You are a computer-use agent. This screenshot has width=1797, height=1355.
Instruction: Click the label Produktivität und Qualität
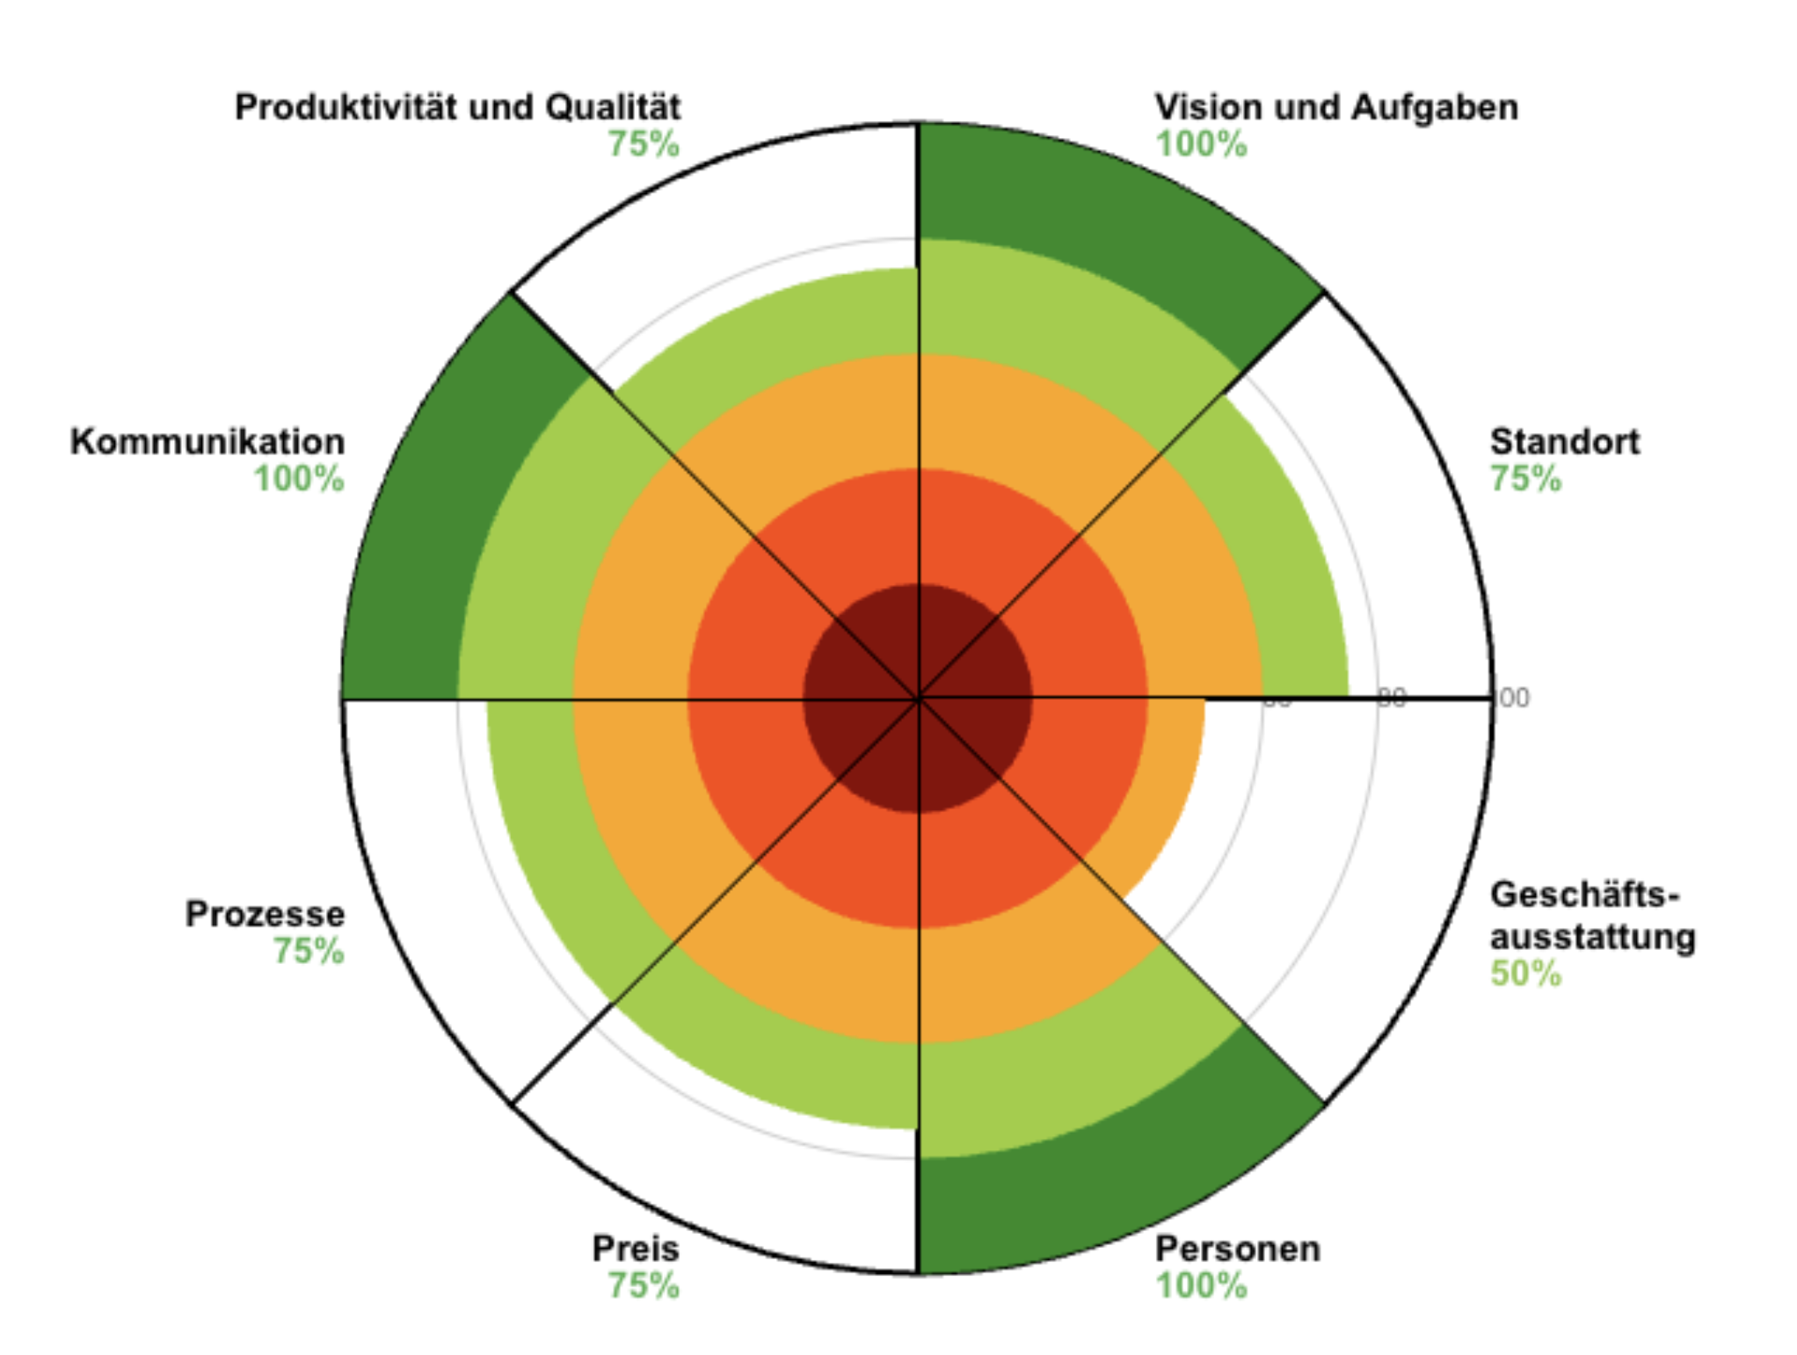coord(457,107)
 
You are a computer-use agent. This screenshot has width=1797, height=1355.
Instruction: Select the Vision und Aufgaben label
coord(1335,107)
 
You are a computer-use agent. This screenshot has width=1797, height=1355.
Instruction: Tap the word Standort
coord(1564,441)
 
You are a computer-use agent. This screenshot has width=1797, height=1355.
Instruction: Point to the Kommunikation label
coord(207,441)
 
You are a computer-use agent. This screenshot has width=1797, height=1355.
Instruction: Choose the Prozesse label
coord(265,914)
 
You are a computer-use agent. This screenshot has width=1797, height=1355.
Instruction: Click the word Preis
coord(635,1248)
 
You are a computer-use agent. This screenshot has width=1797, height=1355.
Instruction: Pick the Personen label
coord(1237,1248)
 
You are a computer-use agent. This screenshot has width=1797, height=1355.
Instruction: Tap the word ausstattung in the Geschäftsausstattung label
coord(1592,937)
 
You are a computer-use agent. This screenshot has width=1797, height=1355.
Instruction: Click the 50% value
coord(1525,974)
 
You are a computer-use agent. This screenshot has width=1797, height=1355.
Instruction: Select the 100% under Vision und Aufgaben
coord(1201,144)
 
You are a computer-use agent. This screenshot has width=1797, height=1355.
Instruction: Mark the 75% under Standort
coord(1525,479)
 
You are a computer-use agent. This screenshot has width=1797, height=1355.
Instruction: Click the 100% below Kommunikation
coord(299,479)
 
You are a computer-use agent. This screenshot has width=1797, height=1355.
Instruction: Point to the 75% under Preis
coord(644,1286)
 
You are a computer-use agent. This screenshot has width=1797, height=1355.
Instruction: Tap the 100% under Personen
coord(1201,1286)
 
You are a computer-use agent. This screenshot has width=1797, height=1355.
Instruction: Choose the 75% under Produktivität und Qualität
coord(644,144)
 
